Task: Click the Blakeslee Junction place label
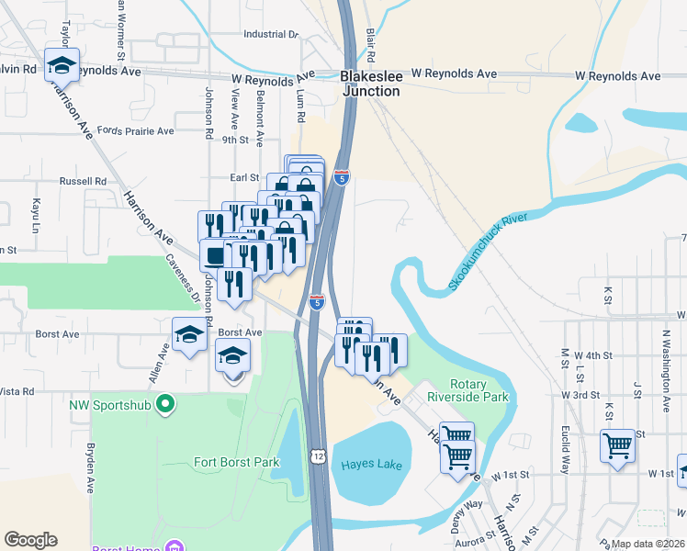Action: tap(371, 84)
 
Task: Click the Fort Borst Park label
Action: tap(236, 462)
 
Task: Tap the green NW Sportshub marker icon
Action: tap(165, 403)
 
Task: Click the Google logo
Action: tap(30, 540)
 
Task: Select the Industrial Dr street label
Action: tap(271, 34)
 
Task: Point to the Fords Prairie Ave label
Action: tap(135, 131)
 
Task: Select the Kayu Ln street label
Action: tap(37, 213)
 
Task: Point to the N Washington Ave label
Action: tap(668, 350)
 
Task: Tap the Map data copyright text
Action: tap(648, 544)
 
